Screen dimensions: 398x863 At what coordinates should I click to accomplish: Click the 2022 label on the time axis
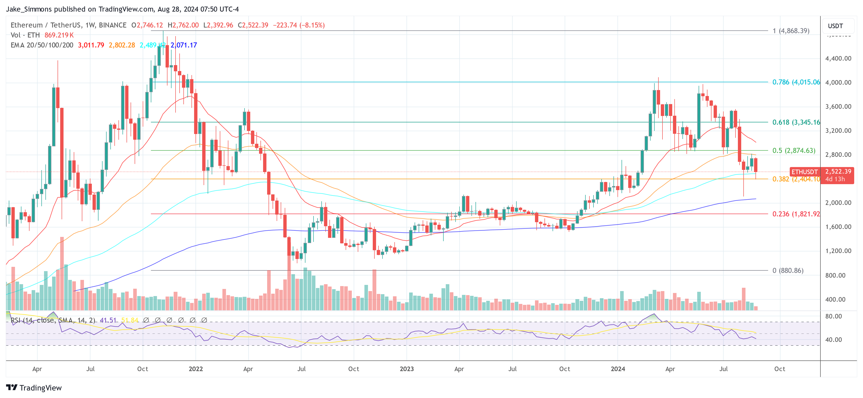tap(196, 369)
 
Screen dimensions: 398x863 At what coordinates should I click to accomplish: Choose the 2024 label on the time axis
tap(618, 369)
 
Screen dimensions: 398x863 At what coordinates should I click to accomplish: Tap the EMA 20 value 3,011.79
tap(91, 45)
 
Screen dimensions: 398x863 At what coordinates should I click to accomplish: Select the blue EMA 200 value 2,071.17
tap(184, 45)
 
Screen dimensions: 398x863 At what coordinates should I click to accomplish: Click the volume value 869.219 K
tap(59, 35)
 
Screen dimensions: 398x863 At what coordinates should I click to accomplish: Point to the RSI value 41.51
tap(108, 320)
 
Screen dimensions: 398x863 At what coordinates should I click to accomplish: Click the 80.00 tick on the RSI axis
tap(833, 316)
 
